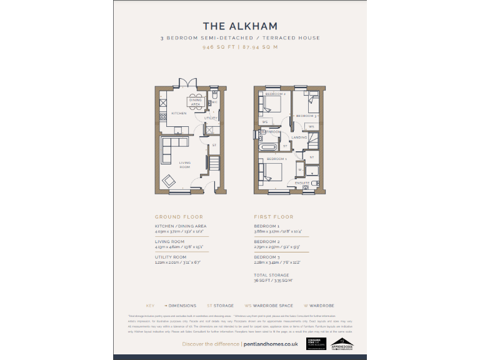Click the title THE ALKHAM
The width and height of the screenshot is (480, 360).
(x=240, y=26)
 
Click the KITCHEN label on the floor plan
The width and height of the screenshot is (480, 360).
(x=179, y=114)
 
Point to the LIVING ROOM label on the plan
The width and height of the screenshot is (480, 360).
(x=185, y=165)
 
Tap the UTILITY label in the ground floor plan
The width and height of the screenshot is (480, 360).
(x=211, y=117)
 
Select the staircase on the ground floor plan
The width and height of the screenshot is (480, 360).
(x=213, y=164)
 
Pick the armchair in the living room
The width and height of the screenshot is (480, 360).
(x=169, y=181)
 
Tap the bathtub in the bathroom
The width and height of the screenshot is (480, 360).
(x=268, y=147)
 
